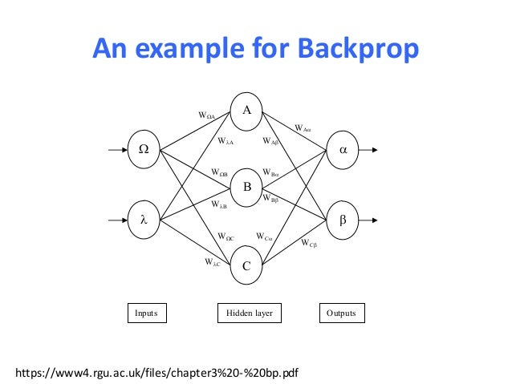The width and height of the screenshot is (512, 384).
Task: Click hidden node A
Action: [246, 110]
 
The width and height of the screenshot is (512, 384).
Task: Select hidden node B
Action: [246, 187]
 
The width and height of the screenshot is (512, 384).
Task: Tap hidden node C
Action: [246, 266]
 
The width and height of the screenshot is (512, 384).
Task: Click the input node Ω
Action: [144, 148]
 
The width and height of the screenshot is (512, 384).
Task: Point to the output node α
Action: [343, 148]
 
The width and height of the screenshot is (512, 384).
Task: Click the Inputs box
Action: [146, 313]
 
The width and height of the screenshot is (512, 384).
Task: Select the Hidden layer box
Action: [250, 313]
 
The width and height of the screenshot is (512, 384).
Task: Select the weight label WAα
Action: [303, 127]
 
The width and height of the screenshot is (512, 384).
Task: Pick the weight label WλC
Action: [212, 261]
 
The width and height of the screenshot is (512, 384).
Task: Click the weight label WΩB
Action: [219, 172]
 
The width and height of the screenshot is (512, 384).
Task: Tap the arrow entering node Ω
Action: [117, 148]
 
